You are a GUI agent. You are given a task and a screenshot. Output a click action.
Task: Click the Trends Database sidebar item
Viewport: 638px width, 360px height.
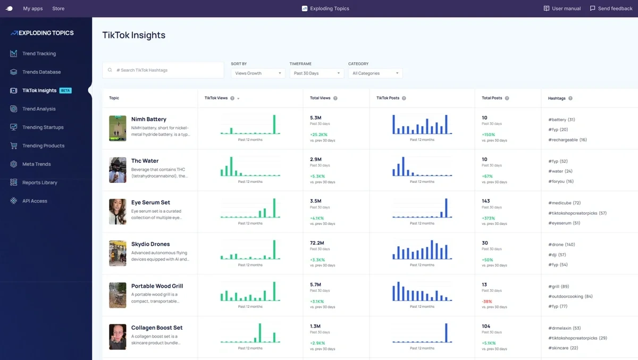point(41,72)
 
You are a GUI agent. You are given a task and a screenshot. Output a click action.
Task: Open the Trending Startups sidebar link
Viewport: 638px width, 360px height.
point(43,127)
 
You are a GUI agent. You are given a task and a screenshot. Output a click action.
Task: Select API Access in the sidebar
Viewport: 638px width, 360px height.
point(35,201)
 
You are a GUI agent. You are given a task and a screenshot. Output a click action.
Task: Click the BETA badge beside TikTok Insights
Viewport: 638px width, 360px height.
point(65,90)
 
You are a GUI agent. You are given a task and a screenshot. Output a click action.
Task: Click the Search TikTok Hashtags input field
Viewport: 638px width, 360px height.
point(163,70)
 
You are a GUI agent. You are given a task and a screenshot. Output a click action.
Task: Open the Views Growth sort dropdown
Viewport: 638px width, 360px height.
point(258,73)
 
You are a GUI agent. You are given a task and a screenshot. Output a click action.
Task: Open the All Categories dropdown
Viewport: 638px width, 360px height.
point(375,73)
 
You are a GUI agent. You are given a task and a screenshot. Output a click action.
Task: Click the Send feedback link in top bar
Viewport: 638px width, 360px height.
point(611,9)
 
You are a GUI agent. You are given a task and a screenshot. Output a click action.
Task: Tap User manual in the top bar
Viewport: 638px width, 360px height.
point(563,9)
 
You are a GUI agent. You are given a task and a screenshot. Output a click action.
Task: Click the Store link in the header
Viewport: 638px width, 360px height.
point(58,9)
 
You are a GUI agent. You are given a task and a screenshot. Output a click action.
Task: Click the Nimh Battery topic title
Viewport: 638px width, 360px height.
point(149,119)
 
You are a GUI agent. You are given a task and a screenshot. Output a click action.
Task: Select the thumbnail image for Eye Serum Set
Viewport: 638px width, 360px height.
point(117,212)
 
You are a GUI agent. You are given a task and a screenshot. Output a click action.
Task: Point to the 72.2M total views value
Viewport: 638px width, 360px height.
point(317,242)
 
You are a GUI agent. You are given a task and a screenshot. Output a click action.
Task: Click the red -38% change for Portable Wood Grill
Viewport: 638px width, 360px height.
point(486,302)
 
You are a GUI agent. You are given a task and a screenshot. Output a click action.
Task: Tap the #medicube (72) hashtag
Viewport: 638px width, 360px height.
point(564,203)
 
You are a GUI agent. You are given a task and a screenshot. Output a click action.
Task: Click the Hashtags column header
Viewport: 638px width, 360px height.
point(557,98)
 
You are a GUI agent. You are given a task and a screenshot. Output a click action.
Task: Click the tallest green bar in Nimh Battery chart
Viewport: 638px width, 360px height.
point(274,124)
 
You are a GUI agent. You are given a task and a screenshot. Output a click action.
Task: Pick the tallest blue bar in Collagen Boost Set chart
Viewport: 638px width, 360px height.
point(446,332)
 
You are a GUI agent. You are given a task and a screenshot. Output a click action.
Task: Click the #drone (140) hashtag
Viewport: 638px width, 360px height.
point(561,245)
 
